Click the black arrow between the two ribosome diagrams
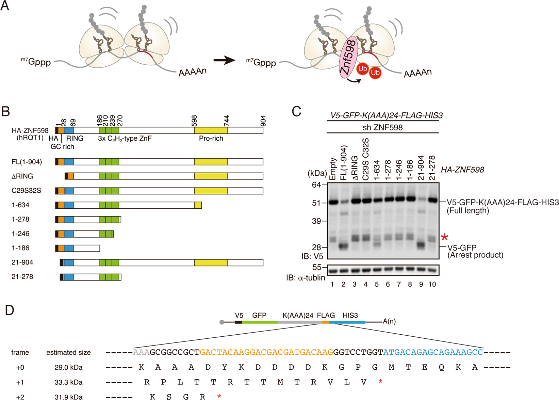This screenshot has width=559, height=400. (x=224, y=61)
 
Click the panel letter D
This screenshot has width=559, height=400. (x=9, y=310)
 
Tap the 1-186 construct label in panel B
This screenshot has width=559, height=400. (x=20, y=248)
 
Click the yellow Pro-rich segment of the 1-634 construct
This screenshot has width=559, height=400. (x=198, y=205)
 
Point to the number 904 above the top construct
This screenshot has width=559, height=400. (x=263, y=121)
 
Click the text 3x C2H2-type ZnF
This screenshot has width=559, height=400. (x=125, y=139)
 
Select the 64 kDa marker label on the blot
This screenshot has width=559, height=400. (x=316, y=185)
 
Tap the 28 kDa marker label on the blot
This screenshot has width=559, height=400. (x=316, y=247)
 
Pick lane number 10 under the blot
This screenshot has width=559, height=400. (x=432, y=284)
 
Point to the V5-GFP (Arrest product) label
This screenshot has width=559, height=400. (x=475, y=251)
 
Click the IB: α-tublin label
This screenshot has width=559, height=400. (x=306, y=278)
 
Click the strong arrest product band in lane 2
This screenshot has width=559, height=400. (x=344, y=246)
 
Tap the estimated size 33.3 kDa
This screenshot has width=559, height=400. (x=68, y=382)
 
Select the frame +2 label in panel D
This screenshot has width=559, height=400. (x=20, y=397)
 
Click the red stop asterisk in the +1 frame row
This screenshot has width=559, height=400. (x=380, y=382)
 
